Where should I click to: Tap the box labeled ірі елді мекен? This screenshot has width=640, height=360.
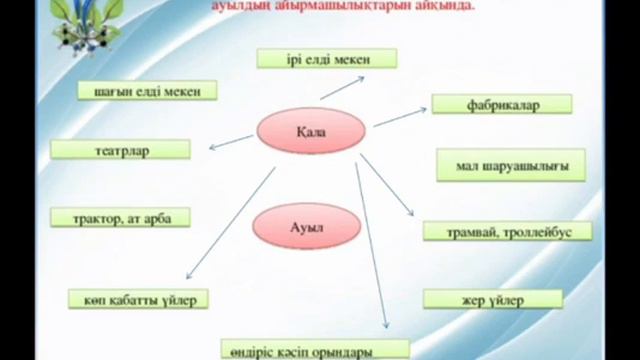tap(313, 58)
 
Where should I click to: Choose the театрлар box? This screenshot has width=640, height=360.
tap(120, 151)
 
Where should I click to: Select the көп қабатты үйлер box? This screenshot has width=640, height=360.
tap(139, 298)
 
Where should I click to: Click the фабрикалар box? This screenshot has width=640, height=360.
tap(502, 104)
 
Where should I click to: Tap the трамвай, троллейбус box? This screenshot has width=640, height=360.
tap(506, 231)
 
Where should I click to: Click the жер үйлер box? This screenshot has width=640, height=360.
tap(485, 299)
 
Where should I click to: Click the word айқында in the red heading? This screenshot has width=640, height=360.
tap(445, 6)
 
